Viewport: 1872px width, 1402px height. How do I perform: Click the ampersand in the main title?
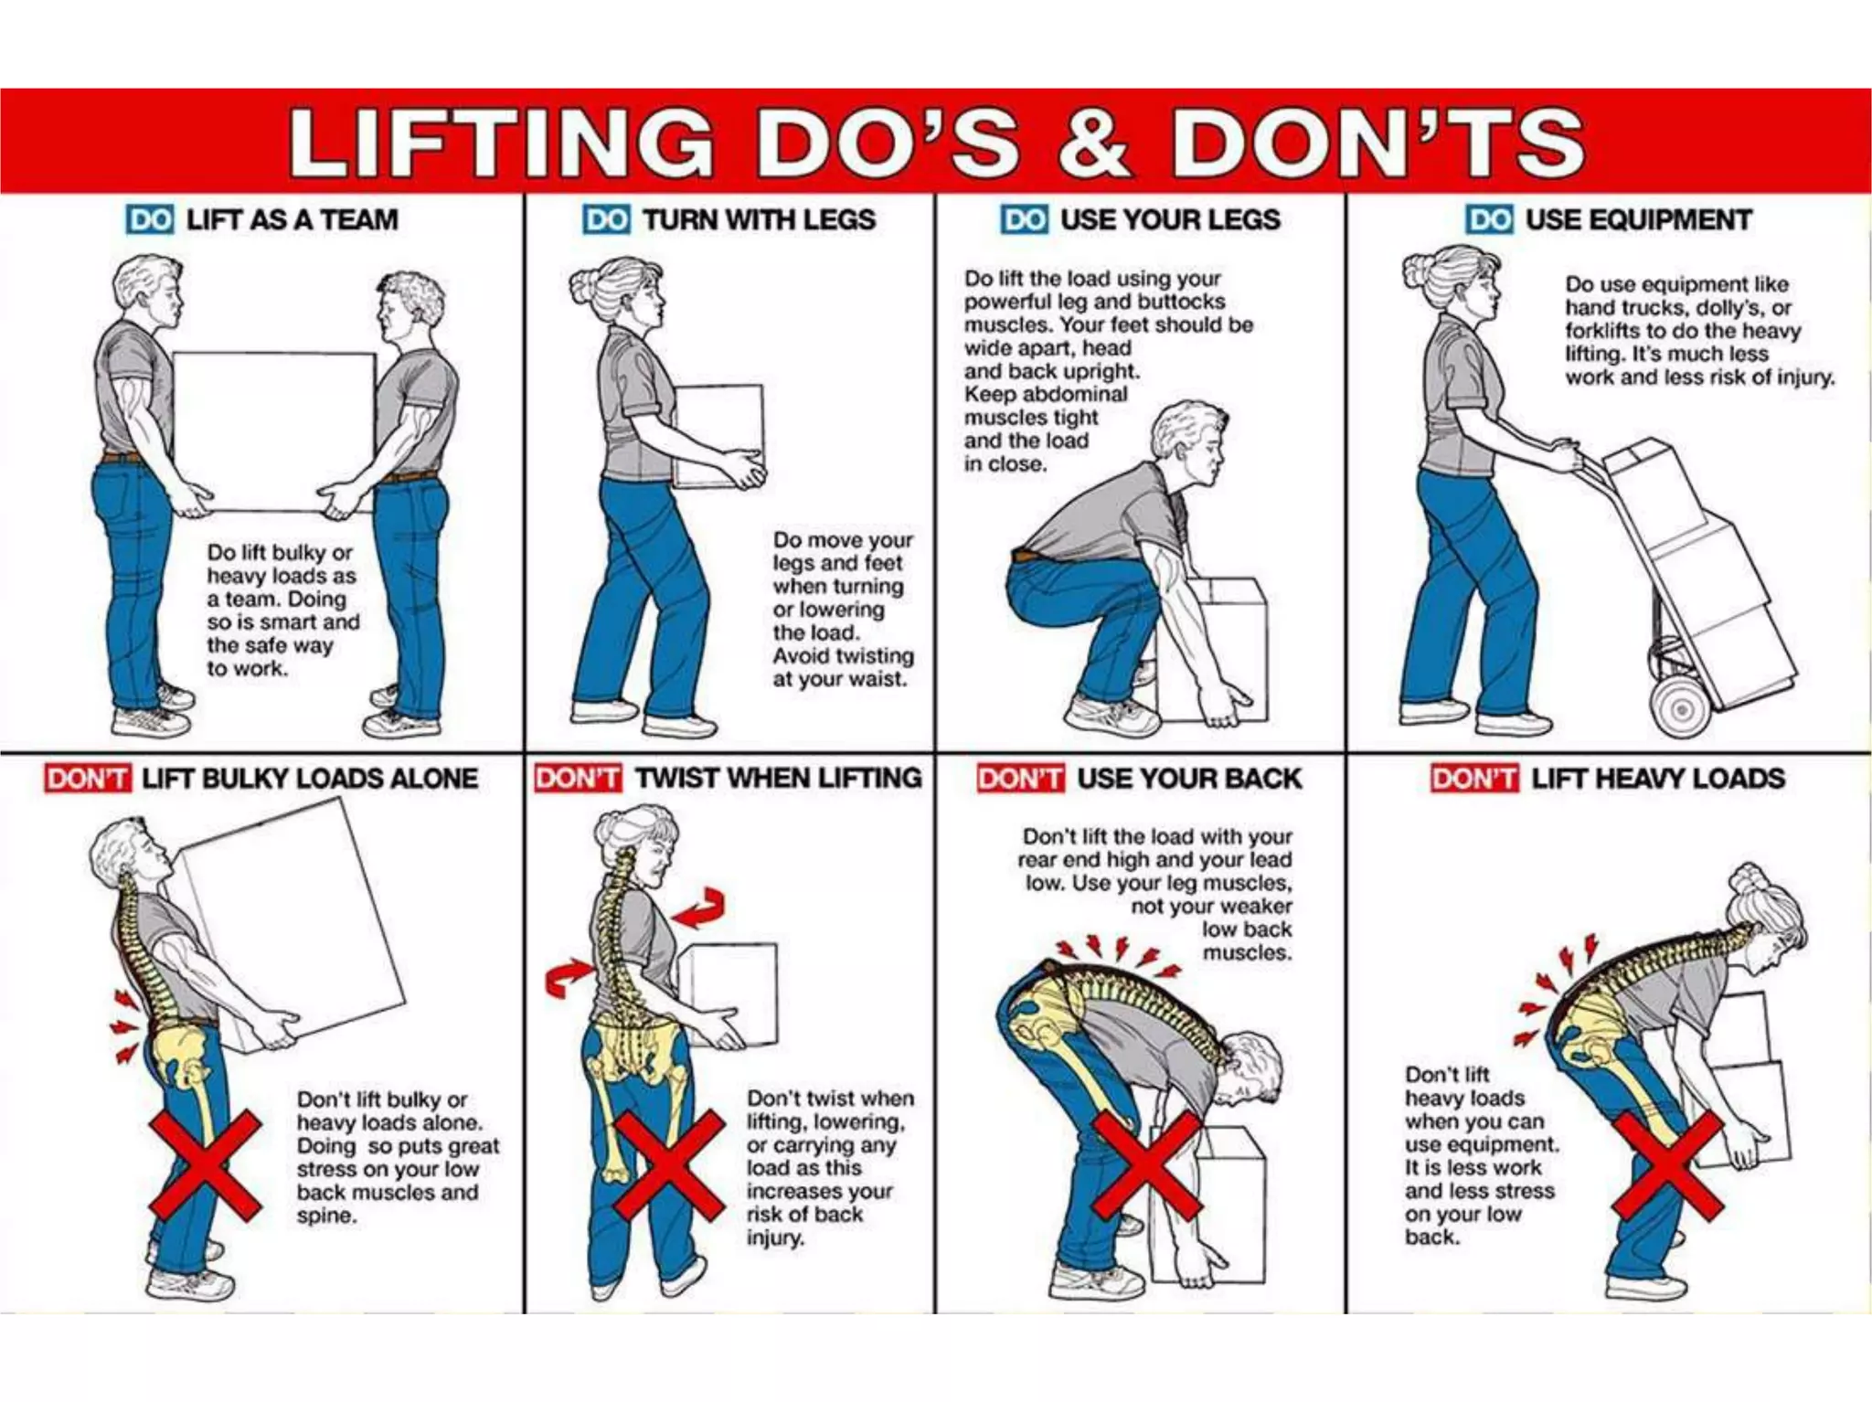(x=1095, y=143)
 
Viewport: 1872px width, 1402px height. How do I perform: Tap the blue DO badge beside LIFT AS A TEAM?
(x=150, y=220)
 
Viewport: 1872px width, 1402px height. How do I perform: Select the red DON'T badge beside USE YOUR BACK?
(x=1020, y=779)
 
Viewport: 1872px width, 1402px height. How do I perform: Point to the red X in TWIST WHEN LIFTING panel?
(x=669, y=1166)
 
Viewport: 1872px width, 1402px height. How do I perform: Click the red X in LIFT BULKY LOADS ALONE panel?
(x=206, y=1166)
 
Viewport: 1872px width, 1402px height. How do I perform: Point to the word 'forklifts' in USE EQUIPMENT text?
(x=1601, y=331)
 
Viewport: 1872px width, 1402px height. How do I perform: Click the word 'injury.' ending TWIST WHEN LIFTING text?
(x=775, y=1238)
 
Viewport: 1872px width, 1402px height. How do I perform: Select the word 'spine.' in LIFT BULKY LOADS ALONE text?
(x=326, y=1216)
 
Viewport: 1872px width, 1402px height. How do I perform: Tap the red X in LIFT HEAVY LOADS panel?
(x=1667, y=1166)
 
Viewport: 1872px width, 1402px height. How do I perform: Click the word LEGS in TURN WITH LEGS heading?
(x=842, y=220)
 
